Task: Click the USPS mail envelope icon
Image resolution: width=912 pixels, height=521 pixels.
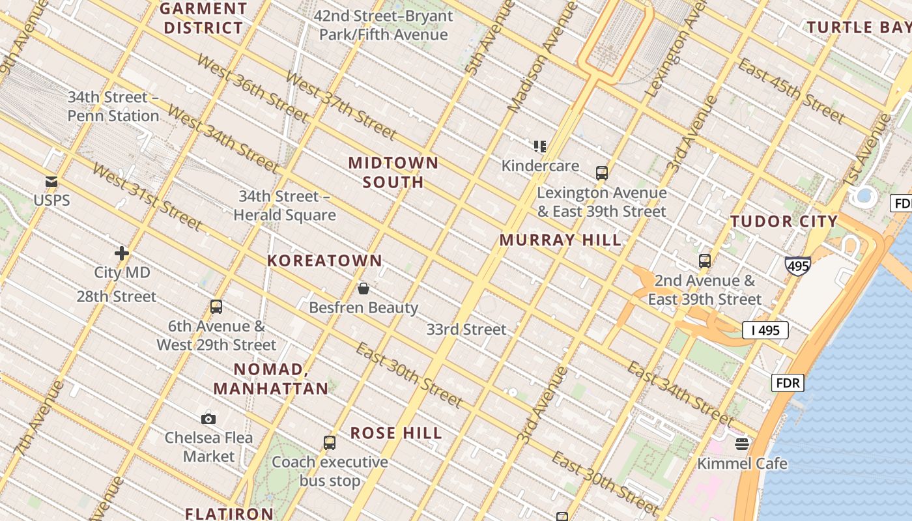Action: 51,182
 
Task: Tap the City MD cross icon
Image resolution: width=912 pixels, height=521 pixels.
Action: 122,253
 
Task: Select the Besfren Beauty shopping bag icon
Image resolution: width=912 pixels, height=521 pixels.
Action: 363,288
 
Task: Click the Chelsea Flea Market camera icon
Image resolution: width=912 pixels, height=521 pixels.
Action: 208,419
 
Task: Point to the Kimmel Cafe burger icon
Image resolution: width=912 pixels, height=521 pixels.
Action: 742,444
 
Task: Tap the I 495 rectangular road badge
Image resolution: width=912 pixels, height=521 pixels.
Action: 765,330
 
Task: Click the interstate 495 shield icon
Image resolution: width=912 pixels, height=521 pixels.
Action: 798,266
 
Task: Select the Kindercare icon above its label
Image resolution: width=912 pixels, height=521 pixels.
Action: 539,147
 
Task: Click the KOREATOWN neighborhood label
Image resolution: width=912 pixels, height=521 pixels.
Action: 324,261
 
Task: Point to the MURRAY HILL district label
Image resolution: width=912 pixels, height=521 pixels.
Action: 560,240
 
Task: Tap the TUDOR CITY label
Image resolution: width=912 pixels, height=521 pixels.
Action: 784,221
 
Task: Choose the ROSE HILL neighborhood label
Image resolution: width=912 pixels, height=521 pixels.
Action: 396,433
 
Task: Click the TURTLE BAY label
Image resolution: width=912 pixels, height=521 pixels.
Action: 859,27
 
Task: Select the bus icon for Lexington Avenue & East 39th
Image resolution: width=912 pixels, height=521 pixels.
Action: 602,173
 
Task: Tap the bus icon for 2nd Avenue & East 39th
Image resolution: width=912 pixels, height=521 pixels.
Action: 705,261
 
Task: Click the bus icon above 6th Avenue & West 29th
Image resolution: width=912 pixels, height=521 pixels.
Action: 216,307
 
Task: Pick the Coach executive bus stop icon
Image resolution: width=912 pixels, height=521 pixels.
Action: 330,443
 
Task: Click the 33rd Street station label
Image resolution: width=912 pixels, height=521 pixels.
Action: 466,330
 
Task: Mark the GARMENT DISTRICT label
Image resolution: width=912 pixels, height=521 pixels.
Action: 203,18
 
